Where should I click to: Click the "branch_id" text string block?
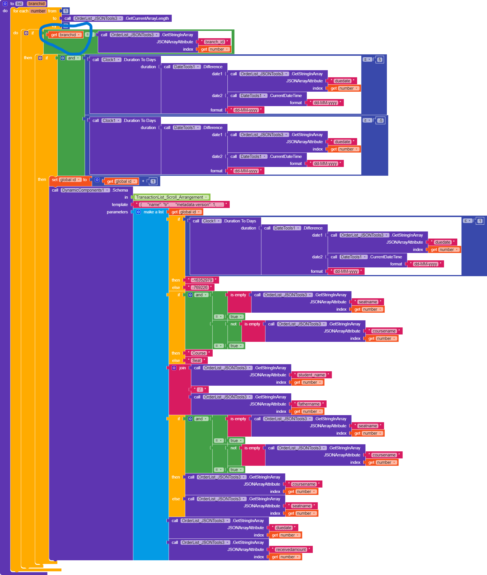click(214, 42)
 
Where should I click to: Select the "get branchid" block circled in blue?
click(65, 35)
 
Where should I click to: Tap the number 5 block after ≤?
click(380, 60)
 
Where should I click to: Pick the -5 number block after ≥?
click(380, 121)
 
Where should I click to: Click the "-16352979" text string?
click(202, 280)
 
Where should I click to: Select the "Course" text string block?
click(199, 353)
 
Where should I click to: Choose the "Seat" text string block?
click(196, 361)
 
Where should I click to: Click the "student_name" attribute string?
click(311, 375)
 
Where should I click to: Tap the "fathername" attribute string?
click(309, 404)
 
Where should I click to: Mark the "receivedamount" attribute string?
click(291, 550)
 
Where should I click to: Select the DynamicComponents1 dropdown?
click(85, 190)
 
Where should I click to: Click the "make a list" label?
click(153, 212)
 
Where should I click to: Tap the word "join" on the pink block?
click(182, 368)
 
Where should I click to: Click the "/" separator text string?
click(200, 390)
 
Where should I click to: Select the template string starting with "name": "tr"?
click(181, 205)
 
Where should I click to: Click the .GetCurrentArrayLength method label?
click(147, 18)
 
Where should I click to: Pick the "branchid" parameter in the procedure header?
click(36, 4)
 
